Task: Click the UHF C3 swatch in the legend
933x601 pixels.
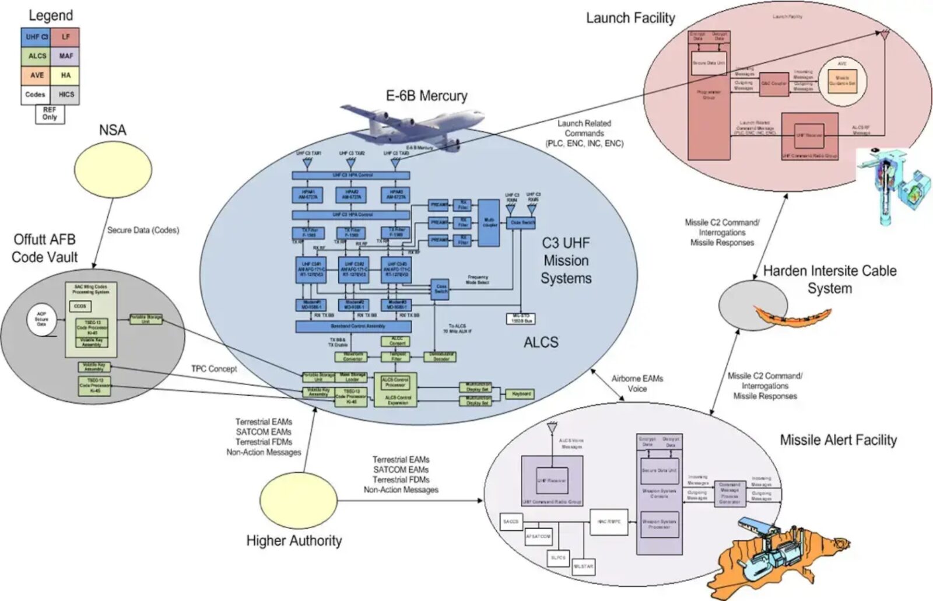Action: click(x=36, y=37)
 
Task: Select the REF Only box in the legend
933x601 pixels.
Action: click(x=50, y=114)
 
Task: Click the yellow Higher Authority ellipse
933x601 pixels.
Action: click(x=298, y=501)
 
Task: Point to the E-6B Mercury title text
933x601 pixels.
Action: click(x=426, y=96)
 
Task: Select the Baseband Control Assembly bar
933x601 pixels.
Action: click(x=353, y=327)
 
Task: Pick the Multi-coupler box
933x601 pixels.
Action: click(x=489, y=222)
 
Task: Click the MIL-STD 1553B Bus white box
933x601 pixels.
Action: click(x=521, y=319)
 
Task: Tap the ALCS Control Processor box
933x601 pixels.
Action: click(x=395, y=382)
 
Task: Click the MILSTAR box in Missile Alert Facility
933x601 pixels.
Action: click(x=583, y=566)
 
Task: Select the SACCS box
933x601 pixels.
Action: click(x=511, y=521)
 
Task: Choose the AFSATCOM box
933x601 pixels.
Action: click(x=538, y=536)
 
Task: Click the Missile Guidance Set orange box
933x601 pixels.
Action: click(x=842, y=81)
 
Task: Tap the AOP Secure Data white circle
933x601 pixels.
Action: click(x=41, y=319)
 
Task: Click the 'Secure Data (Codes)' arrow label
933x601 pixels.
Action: click(x=143, y=230)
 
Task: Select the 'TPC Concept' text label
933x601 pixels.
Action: click(x=214, y=369)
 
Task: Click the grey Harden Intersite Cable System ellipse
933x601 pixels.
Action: click(x=752, y=305)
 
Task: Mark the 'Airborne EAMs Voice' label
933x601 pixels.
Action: click(x=637, y=383)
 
